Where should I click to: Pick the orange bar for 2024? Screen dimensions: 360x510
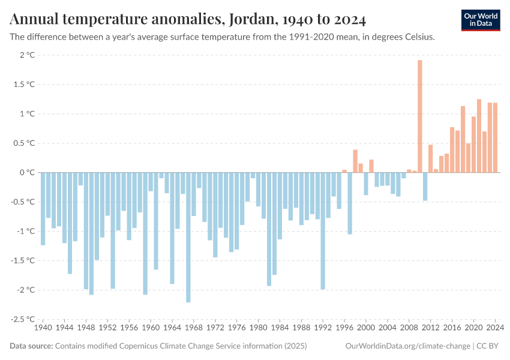pos(495,137)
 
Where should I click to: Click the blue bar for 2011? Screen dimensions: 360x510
pos(425,186)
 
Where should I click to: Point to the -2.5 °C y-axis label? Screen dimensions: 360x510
pos(23,319)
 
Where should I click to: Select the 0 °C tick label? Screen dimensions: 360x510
pos(27,173)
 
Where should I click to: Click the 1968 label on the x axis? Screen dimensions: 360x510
pos(193,328)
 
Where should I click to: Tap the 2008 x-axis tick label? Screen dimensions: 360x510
pos(409,328)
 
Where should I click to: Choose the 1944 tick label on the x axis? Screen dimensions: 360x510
pos(64,328)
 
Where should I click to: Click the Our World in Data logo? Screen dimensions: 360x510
pos(481,20)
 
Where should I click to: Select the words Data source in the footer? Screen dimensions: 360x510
pos(31,346)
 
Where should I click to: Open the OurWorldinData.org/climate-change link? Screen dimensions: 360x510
pos(408,346)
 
